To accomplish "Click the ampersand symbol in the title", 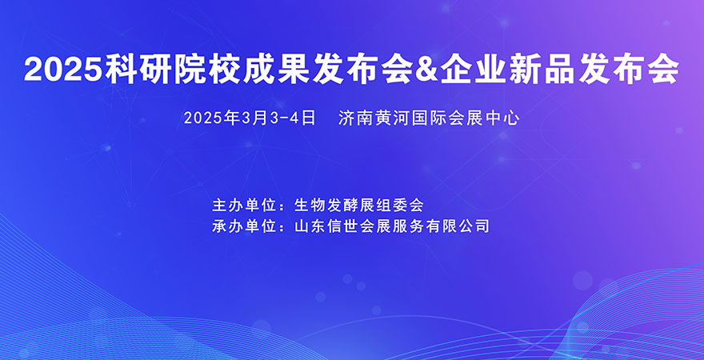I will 429,70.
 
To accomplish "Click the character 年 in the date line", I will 233,118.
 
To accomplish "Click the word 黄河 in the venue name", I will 392,118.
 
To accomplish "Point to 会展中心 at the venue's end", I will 487,118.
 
